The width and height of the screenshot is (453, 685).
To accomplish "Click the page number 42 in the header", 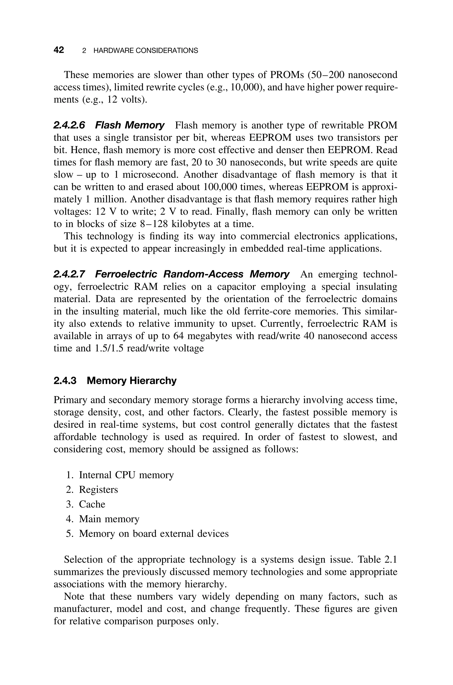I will pyautogui.click(x=59, y=50).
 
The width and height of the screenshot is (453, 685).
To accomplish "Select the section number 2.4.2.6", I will pyautogui.click(x=69, y=125).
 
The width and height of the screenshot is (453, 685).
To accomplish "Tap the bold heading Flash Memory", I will pyautogui.click(x=130, y=125).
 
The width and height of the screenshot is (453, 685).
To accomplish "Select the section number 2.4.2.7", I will pyautogui.click(x=69, y=274).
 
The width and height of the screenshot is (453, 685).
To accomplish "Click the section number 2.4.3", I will pyautogui.click(x=65, y=381).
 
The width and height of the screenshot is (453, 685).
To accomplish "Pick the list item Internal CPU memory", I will pyautogui.click(x=126, y=475).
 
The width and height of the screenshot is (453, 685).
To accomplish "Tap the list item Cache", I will pyautogui.click(x=92, y=504).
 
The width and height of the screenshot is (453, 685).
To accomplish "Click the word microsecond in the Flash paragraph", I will pyautogui.click(x=150, y=175).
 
